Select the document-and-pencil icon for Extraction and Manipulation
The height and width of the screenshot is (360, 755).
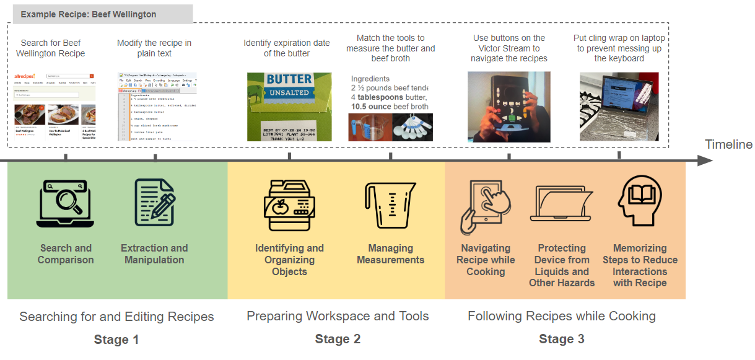(x=154, y=202)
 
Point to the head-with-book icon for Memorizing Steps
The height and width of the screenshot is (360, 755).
(x=640, y=201)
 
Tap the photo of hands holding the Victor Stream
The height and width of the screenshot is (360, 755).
(x=508, y=107)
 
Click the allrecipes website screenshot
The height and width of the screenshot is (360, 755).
(x=55, y=107)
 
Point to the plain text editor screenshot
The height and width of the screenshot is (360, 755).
(x=157, y=107)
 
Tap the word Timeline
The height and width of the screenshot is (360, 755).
(x=728, y=145)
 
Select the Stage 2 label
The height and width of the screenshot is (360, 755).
(x=338, y=340)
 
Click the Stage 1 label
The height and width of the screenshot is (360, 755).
(x=116, y=340)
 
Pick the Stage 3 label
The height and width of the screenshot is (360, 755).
(x=562, y=340)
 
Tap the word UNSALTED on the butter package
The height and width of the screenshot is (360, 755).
(x=289, y=93)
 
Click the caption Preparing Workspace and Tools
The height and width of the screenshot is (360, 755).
(x=338, y=317)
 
